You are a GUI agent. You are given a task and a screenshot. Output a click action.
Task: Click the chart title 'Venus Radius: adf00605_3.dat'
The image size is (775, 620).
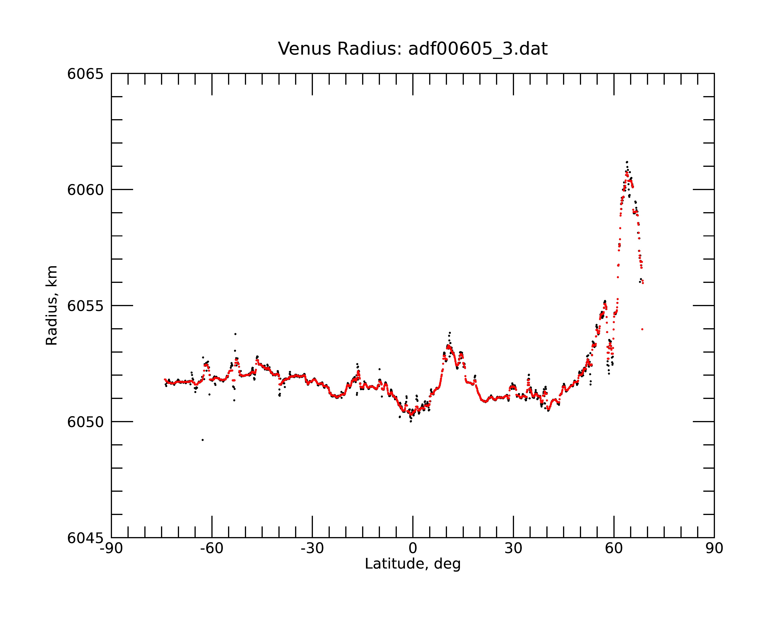[x=413, y=49]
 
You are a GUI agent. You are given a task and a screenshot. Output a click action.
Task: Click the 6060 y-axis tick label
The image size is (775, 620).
[x=85, y=190]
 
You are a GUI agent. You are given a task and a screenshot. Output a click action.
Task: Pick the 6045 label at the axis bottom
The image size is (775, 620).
[x=85, y=538]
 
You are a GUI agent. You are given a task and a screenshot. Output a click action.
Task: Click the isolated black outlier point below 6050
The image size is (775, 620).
[x=203, y=440]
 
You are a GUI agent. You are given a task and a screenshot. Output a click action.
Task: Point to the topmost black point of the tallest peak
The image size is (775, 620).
[x=627, y=162]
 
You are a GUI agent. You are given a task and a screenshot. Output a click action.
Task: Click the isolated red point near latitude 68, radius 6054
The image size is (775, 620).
[x=642, y=329]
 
